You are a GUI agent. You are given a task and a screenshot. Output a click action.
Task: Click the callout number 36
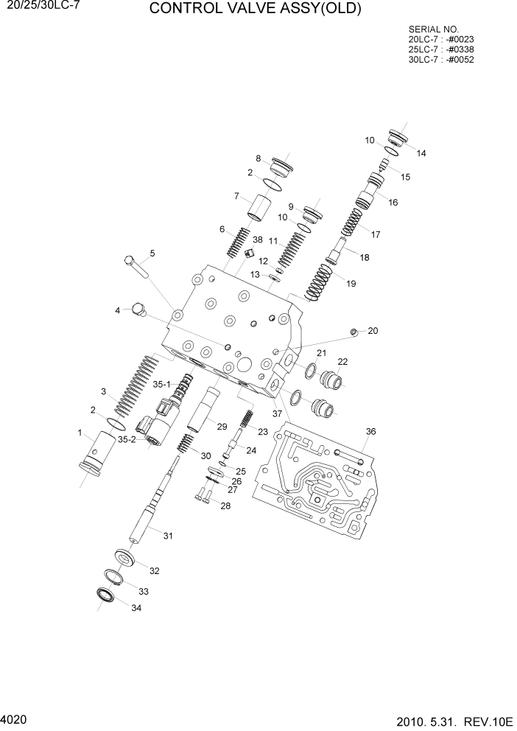(370, 431)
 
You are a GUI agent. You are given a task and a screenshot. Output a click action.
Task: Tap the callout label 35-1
(161, 384)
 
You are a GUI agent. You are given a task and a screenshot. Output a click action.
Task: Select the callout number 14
(421, 153)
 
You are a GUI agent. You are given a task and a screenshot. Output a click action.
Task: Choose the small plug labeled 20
(354, 332)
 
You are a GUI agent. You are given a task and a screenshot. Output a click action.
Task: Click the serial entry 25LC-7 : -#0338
(440, 49)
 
